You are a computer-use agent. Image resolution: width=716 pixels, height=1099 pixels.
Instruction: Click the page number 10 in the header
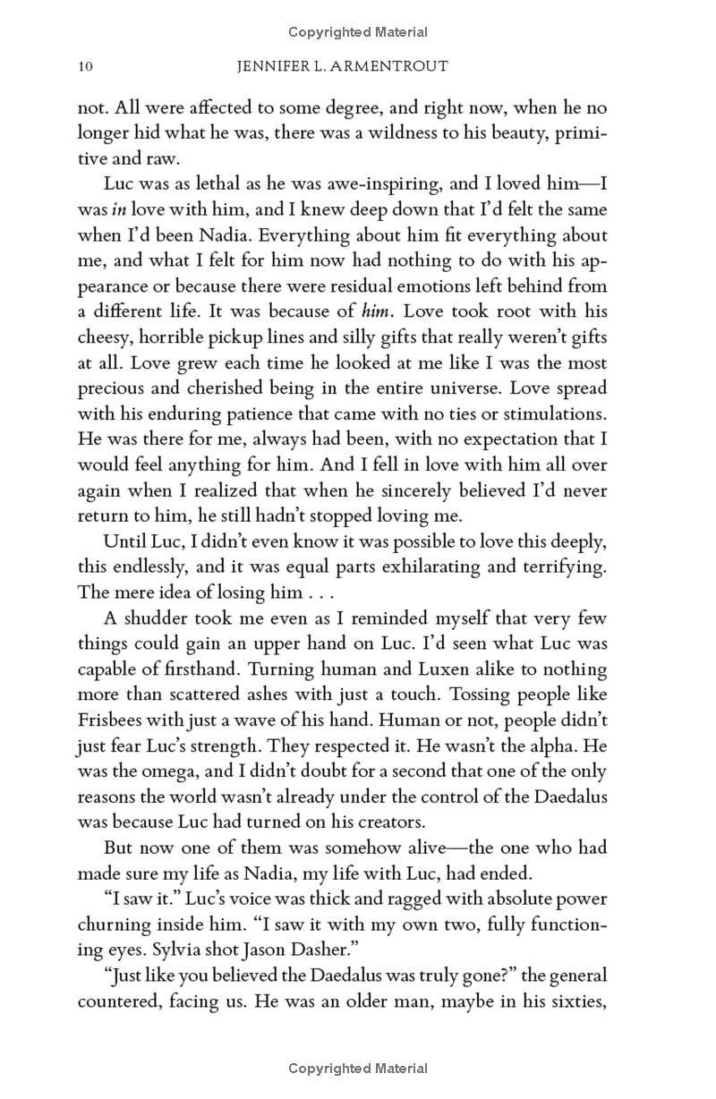86,66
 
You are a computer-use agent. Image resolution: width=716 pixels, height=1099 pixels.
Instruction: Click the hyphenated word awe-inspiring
362,183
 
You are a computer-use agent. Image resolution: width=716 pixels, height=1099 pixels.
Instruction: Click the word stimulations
551,413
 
